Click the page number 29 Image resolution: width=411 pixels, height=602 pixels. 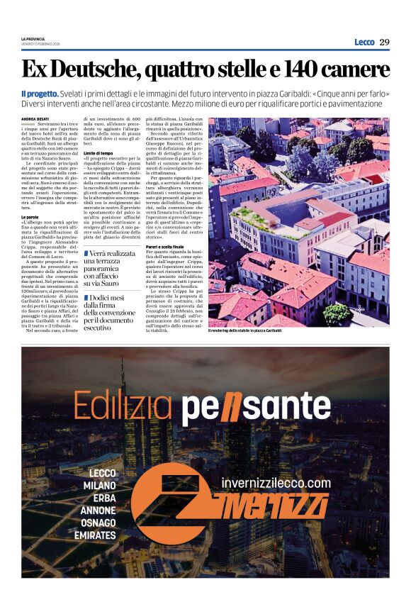(384, 42)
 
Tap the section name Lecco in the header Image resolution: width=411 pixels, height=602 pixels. (364, 42)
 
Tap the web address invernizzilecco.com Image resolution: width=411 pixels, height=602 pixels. (276, 483)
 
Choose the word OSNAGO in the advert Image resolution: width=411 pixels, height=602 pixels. (98, 523)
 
